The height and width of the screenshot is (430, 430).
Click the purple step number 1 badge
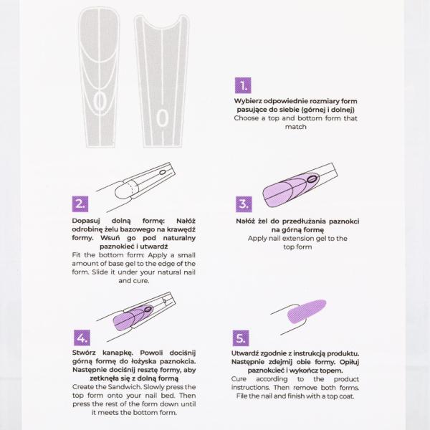[244, 86]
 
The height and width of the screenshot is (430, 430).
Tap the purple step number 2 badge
[81, 204]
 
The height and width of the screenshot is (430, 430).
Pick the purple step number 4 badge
[81, 338]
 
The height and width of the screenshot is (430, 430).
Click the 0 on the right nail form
[163, 116]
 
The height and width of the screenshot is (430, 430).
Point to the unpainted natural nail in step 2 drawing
[122, 189]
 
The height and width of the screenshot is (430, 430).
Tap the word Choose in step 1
[248, 118]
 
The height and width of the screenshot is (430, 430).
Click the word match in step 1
[296, 127]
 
